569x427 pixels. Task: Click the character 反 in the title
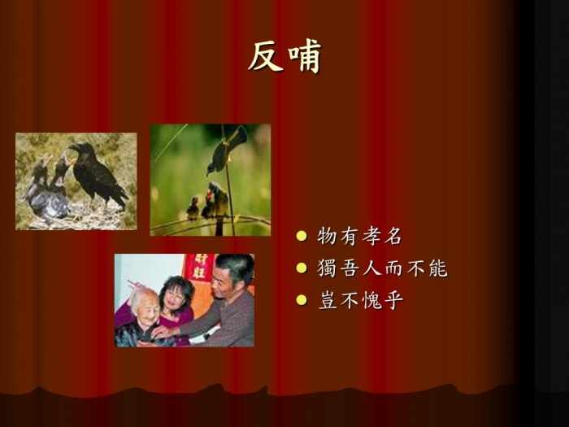(266, 56)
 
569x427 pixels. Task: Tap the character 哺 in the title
(305, 56)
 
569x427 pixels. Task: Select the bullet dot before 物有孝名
(302, 236)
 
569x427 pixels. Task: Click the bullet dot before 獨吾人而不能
(302, 268)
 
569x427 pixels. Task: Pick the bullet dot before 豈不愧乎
(302, 300)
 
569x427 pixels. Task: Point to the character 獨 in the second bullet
(327, 268)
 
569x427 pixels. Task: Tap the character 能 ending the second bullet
(439, 268)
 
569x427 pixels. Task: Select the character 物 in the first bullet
(327, 236)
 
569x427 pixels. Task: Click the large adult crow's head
(80, 148)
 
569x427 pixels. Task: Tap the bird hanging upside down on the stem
(226, 150)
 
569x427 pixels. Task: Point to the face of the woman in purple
(176, 296)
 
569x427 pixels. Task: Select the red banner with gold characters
(199, 268)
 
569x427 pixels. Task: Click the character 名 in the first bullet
(393, 236)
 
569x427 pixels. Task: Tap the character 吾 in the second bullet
(350, 268)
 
